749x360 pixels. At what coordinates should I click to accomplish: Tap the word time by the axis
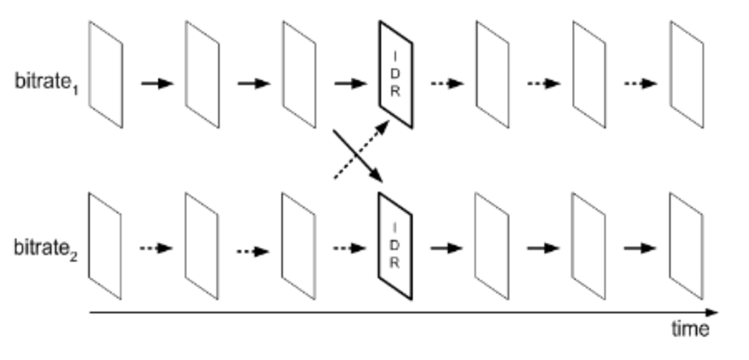690,329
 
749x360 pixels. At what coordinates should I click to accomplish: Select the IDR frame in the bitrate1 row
396,74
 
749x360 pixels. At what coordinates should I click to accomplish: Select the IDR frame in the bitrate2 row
395,246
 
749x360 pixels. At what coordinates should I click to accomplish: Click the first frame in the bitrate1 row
106,74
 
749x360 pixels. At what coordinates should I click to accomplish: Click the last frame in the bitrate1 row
687,74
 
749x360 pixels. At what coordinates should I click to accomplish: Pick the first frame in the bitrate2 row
105,246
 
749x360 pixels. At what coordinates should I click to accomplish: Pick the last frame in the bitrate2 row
686,246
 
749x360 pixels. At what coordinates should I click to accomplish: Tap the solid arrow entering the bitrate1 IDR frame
350,83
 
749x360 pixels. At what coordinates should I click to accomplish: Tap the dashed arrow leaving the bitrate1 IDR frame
447,83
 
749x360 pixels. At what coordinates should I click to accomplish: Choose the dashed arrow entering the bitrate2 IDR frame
349,249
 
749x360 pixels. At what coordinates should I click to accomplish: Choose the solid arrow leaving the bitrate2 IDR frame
446,249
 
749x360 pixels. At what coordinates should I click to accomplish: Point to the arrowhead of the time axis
712,312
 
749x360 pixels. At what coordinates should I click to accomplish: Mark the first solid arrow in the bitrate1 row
157,83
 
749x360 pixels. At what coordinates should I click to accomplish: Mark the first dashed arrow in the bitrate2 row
156,249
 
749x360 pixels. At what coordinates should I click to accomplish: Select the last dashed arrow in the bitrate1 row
640,83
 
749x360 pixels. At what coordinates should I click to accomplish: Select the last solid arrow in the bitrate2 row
640,249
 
